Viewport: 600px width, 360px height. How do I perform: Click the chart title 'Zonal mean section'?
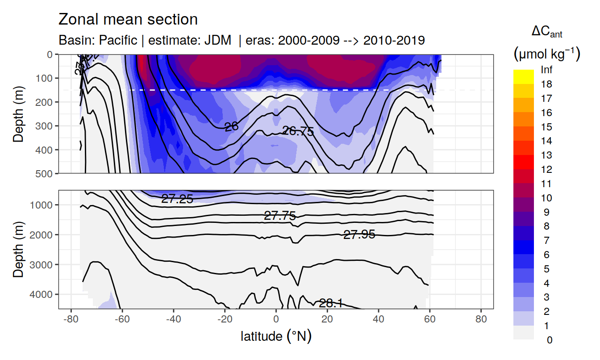[x=128, y=20]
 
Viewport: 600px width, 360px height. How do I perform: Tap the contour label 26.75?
[x=298, y=131]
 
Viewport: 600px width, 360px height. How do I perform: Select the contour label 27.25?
[x=177, y=199]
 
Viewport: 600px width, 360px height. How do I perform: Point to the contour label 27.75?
[x=280, y=216]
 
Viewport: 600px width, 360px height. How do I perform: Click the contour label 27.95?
[x=359, y=234]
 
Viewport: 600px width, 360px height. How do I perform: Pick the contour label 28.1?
[x=331, y=304]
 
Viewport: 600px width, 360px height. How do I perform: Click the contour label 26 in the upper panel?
[x=231, y=127]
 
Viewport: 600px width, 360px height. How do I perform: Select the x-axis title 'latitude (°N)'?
[x=276, y=336]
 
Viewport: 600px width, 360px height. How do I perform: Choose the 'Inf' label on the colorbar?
[x=546, y=70]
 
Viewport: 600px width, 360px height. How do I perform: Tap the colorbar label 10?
[x=546, y=198]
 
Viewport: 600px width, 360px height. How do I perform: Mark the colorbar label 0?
[x=549, y=340]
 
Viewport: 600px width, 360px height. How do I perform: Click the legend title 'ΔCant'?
[x=546, y=32]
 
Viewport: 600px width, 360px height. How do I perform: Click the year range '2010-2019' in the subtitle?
[x=394, y=40]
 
